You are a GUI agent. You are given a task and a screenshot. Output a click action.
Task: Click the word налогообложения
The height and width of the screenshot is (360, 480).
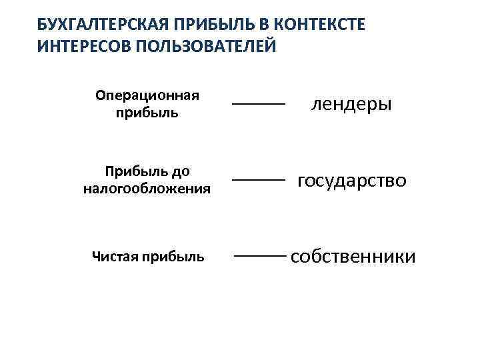coord(147,189)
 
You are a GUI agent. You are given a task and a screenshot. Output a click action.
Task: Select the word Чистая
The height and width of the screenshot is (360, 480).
coord(114,257)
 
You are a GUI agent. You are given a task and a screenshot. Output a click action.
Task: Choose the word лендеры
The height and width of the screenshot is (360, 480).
coord(351,104)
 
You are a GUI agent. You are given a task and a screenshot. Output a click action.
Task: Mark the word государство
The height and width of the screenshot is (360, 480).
coord(351,181)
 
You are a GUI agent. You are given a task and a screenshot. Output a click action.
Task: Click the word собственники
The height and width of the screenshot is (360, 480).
coord(353,257)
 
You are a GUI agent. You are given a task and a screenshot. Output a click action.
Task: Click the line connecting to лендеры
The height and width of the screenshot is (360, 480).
coord(258,104)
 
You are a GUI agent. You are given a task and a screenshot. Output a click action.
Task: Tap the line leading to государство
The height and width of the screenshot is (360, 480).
coord(258,181)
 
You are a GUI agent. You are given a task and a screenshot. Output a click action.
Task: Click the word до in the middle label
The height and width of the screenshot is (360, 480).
coord(181,171)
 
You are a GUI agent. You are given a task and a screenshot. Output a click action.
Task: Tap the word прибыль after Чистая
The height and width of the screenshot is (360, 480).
coord(171,257)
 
